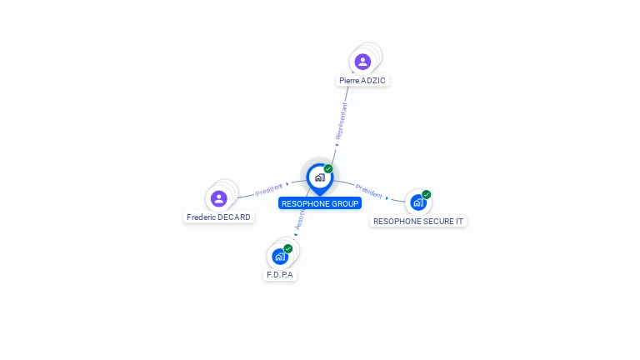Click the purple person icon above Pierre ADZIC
pyautogui.click(x=362, y=62)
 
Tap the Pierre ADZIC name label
pyautogui.click(x=362, y=81)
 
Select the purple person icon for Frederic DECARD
pyautogui.click(x=219, y=198)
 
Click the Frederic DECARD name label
pyautogui.click(x=219, y=217)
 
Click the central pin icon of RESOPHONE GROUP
pyautogui.click(x=319, y=177)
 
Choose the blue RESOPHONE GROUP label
pyautogui.click(x=320, y=203)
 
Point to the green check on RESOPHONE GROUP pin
pyautogui.click(x=328, y=168)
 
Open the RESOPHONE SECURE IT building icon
pyautogui.click(x=418, y=202)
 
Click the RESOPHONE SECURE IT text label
pyautogui.click(x=418, y=222)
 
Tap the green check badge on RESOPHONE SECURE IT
pyautogui.click(x=427, y=194)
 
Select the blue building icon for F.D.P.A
pyautogui.click(x=280, y=256)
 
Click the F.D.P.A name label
pyautogui.click(x=280, y=275)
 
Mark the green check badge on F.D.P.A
pyautogui.click(x=288, y=248)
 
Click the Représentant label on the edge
pyautogui.click(x=341, y=122)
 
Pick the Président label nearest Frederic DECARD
pyautogui.click(x=270, y=189)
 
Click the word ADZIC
pyautogui.click(x=375, y=81)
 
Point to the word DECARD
pyautogui.click(x=234, y=217)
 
